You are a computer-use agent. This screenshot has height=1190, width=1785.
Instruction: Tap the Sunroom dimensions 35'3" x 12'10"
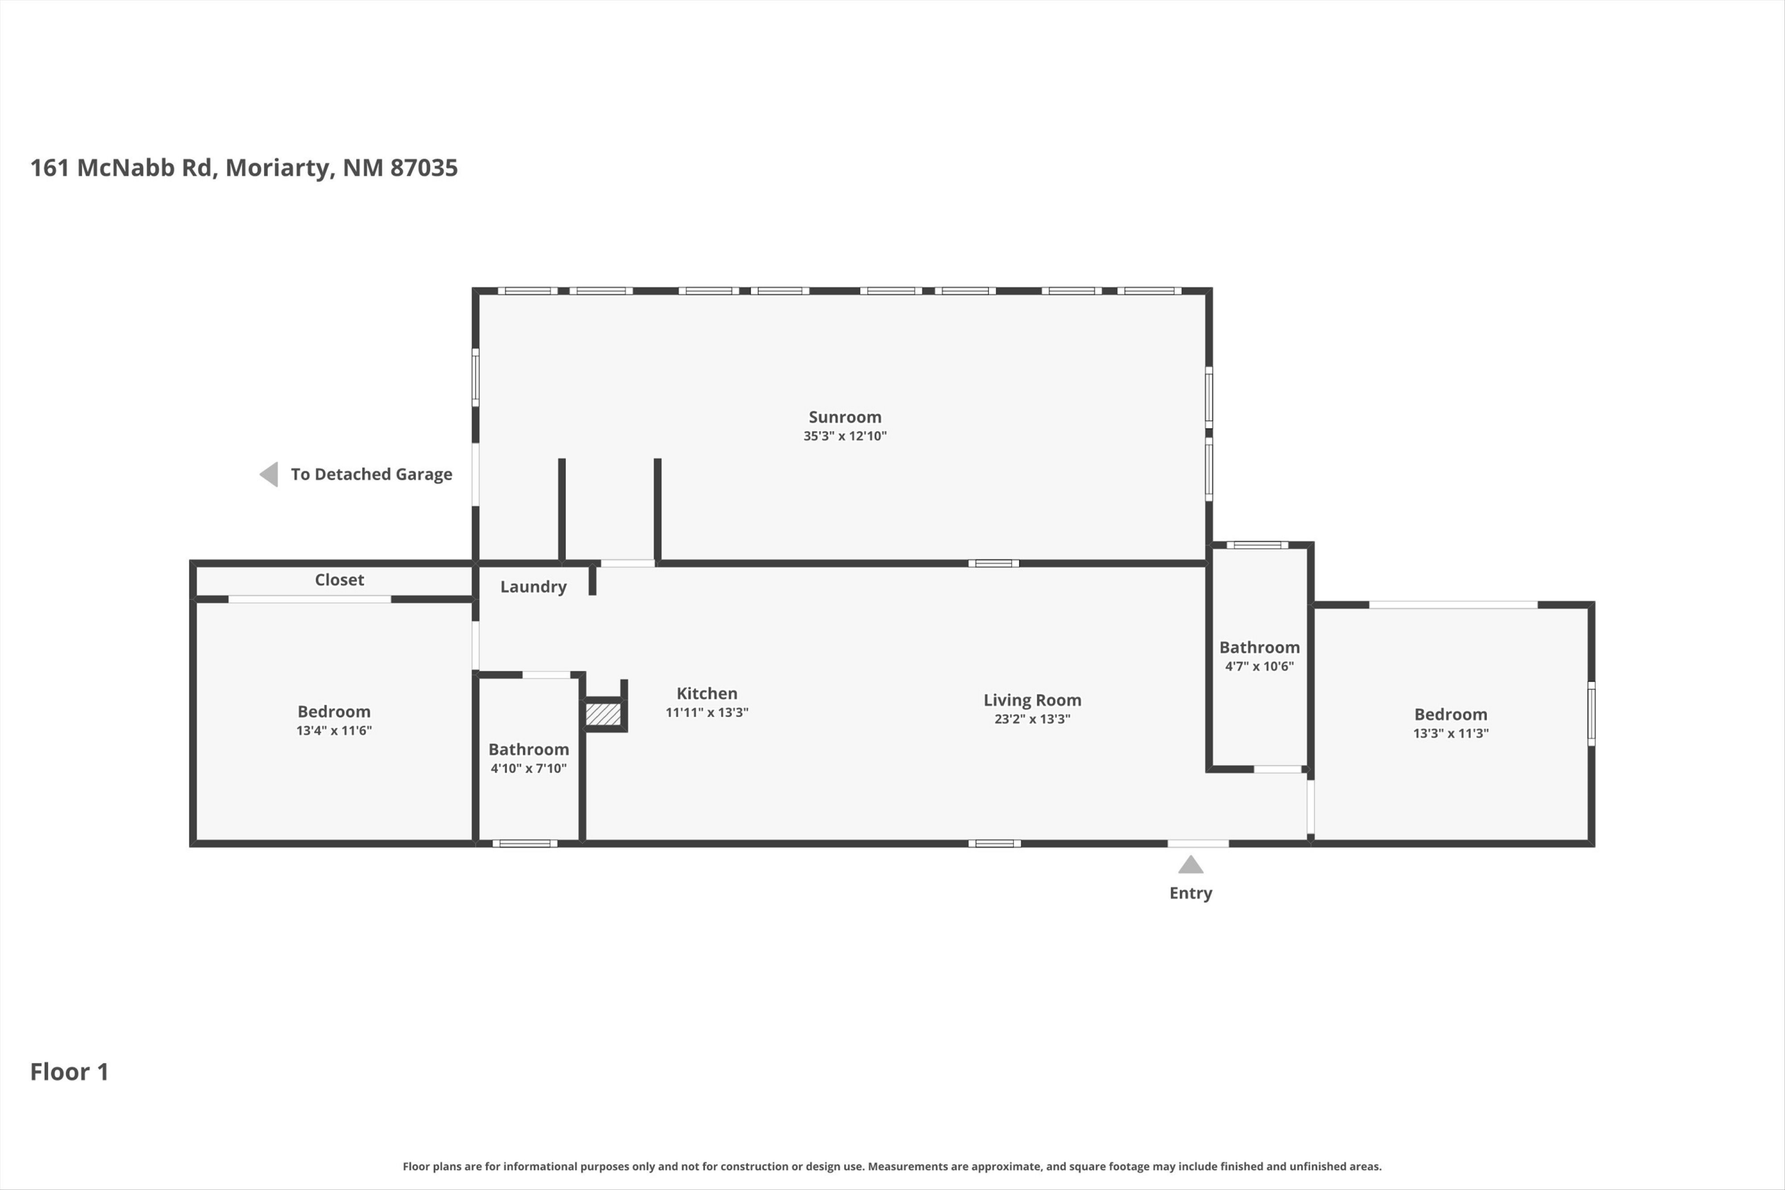tap(845, 436)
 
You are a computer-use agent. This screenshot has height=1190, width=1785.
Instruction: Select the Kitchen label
tap(707, 693)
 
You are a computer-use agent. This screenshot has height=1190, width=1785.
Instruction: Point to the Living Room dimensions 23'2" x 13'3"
tap(1032, 719)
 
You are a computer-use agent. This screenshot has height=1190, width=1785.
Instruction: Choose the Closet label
tap(339, 580)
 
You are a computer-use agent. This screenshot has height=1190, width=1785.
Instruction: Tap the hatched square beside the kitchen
tap(603, 714)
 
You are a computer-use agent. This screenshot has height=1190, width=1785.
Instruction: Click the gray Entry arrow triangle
tap(1191, 865)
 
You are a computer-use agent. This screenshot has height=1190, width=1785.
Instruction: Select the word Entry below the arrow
tap(1191, 893)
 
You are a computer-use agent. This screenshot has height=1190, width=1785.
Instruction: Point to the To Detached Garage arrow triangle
tap(269, 474)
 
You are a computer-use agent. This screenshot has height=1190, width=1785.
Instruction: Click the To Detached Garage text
tap(371, 474)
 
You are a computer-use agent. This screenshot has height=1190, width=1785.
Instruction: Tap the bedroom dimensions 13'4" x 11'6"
tap(334, 730)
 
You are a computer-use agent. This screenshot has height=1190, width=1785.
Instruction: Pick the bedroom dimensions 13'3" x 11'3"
tap(1451, 733)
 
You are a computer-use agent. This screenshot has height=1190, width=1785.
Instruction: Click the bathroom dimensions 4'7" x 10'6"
tap(1259, 666)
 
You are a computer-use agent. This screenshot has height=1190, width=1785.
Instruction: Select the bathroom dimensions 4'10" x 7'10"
tap(528, 768)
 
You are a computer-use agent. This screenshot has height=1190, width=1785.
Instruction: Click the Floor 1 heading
tap(69, 1072)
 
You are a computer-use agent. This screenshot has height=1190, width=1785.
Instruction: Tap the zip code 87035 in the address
tap(424, 168)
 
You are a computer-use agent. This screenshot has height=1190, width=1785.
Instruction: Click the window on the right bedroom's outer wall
tap(1592, 713)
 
